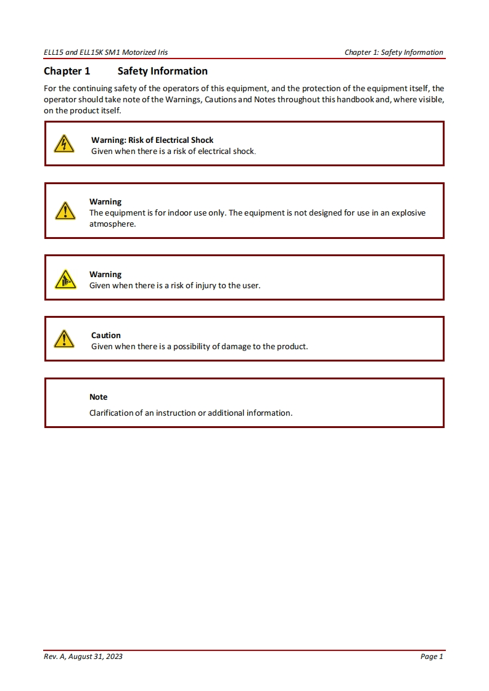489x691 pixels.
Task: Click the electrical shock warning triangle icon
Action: pyautogui.click(x=64, y=144)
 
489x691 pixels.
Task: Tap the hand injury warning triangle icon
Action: pyautogui.click(x=64, y=280)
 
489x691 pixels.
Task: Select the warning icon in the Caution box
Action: pyautogui.click(x=64, y=339)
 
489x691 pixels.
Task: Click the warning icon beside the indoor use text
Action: pyautogui.click(x=64, y=211)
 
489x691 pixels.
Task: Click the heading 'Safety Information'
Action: pyautogui.click(x=162, y=71)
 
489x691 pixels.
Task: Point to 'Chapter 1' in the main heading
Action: pyautogui.click(x=67, y=71)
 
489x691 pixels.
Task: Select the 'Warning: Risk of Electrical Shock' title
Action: pyautogui.click(x=152, y=140)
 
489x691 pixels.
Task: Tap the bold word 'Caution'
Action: pyautogui.click(x=106, y=335)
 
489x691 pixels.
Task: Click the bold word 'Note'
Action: pyautogui.click(x=98, y=397)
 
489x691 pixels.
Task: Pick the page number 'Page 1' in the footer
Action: pyautogui.click(x=432, y=657)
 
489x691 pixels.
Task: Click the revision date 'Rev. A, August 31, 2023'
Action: pyautogui.click(x=83, y=657)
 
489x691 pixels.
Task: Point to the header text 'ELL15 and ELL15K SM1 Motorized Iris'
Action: pyautogui.click(x=105, y=52)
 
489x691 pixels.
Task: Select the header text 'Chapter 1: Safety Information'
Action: pyautogui.click(x=393, y=52)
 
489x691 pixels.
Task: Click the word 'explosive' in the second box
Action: pyautogui.click(x=407, y=213)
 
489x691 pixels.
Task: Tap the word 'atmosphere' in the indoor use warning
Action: pyautogui.click(x=112, y=224)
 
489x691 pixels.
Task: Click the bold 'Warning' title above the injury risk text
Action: pyautogui.click(x=105, y=274)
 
